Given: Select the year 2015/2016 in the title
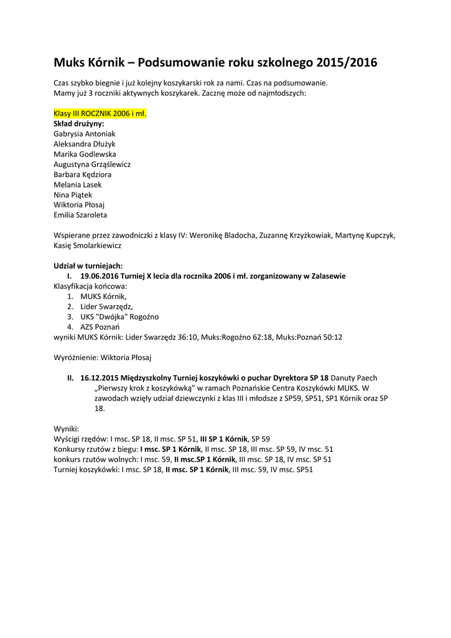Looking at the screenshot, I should (x=346, y=63).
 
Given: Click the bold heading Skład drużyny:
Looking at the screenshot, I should (x=79, y=123).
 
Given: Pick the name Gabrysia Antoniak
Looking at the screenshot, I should (x=85, y=134).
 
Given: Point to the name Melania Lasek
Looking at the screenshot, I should (x=78, y=184).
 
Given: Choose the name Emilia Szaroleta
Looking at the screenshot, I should (x=80, y=215).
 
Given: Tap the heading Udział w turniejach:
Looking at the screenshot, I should (x=88, y=265).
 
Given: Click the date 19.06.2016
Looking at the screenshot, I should (x=98, y=276).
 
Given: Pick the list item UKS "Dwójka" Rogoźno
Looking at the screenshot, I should (x=119, y=317).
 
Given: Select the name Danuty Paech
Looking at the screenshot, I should (x=354, y=378).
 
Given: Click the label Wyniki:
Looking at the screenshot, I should (x=67, y=429).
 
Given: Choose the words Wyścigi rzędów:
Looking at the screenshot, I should (x=81, y=439).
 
